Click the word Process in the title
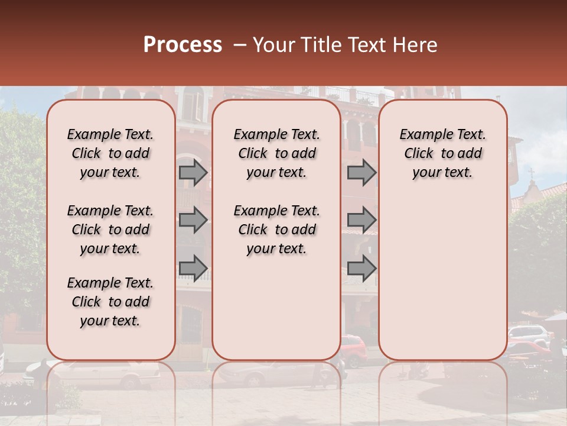pos(183,45)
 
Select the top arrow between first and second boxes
pos(193,173)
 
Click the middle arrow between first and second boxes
pos(193,221)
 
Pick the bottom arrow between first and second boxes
pos(193,268)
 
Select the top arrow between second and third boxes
pos(361,173)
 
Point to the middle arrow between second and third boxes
pos(361,221)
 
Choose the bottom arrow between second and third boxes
pos(361,268)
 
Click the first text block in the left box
pos(110,153)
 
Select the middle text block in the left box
pos(110,230)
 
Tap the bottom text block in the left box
pos(110,302)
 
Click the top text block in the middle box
pos(276,153)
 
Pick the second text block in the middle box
pos(276,230)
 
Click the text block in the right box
pos(442,153)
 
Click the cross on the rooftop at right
pos(531,173)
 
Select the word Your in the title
pos(273,45)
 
